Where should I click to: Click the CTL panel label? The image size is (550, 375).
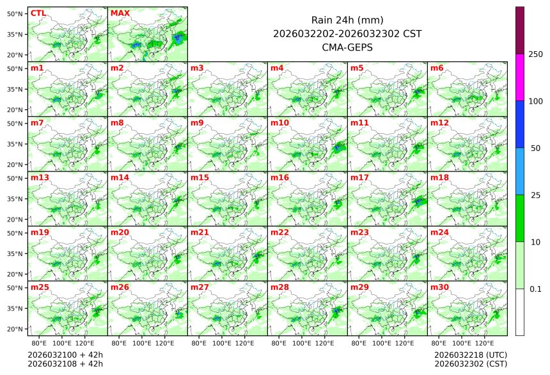click(x=38, y=13)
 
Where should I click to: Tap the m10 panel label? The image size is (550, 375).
click(x=279, y=122)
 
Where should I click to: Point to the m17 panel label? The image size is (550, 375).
click(x=359, y=177)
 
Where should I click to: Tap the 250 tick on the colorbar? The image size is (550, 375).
click(x=535, y=54)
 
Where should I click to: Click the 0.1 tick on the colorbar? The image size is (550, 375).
click(x=535, y=289)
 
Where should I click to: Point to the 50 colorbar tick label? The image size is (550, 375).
click(x=535, y=148)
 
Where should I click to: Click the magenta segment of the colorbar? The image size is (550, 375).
click(x=520, y=77)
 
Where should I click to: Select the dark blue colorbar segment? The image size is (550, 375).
click(x=520, y=124)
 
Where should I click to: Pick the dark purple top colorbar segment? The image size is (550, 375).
click(x=520, y=30)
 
